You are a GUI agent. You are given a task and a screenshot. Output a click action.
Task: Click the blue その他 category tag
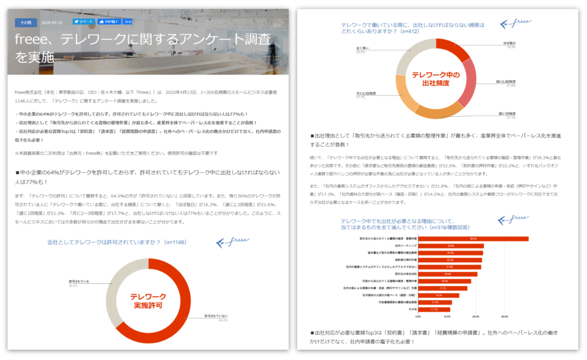[x=26, y=22]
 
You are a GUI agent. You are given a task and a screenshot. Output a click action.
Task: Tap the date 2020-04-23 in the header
[x=51, y=22]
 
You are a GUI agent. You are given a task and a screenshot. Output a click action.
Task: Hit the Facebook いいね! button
[x=109, y=22]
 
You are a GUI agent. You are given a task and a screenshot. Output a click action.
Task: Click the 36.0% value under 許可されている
[x=73, y=286]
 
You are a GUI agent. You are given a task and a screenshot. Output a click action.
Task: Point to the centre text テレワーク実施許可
[x=148, y=301]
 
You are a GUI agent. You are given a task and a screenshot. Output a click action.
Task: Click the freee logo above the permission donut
[x=233, y=242]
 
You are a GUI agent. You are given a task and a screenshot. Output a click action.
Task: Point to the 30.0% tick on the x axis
[x=504, y=316]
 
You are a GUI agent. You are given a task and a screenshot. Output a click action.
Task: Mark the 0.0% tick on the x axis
[x=418, y=316]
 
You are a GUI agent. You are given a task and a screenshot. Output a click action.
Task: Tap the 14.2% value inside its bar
[x=438, y=295]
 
